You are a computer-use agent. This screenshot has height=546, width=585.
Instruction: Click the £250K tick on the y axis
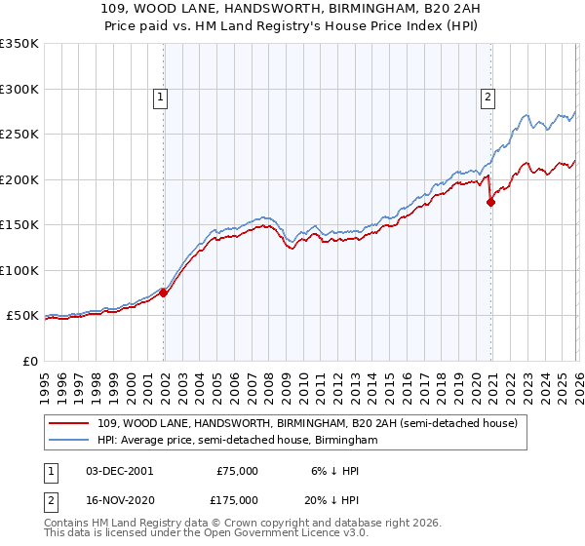click(x=19, y=135)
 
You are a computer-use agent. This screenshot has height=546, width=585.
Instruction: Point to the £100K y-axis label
click(x=19, y=271)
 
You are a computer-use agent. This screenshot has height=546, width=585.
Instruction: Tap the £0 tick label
click(x=29, y=362)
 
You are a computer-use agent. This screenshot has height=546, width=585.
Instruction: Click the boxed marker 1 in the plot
click(x=159, y=97)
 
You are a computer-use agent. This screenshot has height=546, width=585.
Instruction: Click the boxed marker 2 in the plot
click(x=487, y=97)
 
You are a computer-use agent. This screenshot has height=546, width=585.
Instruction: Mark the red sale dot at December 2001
click(x=164, y=292)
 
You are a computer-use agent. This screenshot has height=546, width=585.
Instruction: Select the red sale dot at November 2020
click(x=491, y=203)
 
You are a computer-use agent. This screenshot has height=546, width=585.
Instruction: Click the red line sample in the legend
click(x=71, y=422)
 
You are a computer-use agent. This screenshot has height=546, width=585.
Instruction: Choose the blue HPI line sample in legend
click(x=71, y=441)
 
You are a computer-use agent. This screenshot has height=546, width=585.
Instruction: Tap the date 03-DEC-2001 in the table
click(x=120, y=470)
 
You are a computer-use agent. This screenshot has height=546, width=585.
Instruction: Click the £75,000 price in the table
click(x=237, y=470)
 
